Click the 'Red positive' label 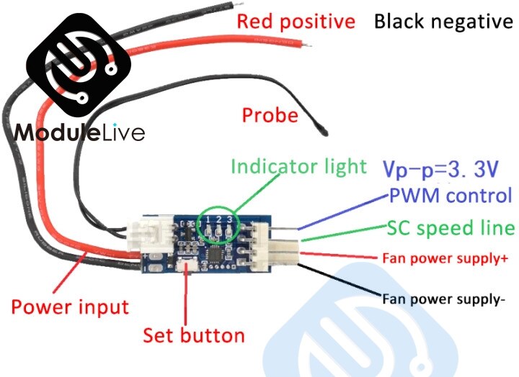(296, 22)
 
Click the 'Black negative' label (443, 22)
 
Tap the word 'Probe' (270, 115)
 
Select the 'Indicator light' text (298, 167)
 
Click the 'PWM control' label (451, 196)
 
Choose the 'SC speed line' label (451, 228)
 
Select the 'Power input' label (70, 307)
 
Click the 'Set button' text (193, 335)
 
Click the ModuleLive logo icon (80, 71)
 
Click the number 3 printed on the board (230, 218)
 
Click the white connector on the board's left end (144, 234)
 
